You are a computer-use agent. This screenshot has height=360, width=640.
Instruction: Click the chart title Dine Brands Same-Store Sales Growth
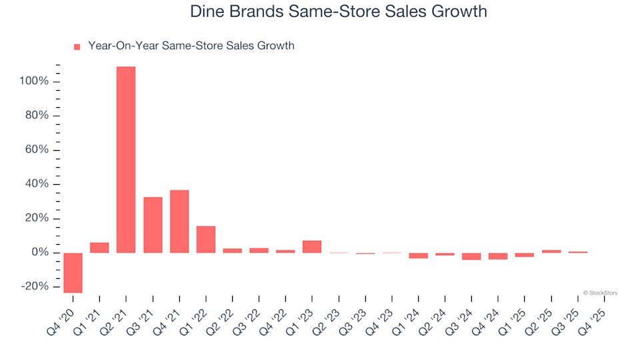338,11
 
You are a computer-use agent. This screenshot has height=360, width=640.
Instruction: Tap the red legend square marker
77,47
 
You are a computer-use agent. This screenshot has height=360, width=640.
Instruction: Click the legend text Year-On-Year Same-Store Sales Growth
191,46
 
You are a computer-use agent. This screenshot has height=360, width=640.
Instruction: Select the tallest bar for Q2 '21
126,159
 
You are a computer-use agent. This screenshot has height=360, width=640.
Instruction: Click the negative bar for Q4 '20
73,273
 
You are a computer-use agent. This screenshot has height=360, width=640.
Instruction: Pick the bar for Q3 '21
153,225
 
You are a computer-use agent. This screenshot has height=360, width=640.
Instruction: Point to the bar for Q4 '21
179,221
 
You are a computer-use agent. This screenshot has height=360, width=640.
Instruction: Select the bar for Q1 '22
206,239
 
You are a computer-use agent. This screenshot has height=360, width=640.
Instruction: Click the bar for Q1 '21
99,247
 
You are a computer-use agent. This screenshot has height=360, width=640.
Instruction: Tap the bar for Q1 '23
312,247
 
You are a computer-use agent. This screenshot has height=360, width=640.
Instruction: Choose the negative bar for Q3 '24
471,256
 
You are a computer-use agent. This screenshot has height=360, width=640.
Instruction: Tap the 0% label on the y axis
40,253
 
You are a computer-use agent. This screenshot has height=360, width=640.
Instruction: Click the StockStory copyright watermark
599,292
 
